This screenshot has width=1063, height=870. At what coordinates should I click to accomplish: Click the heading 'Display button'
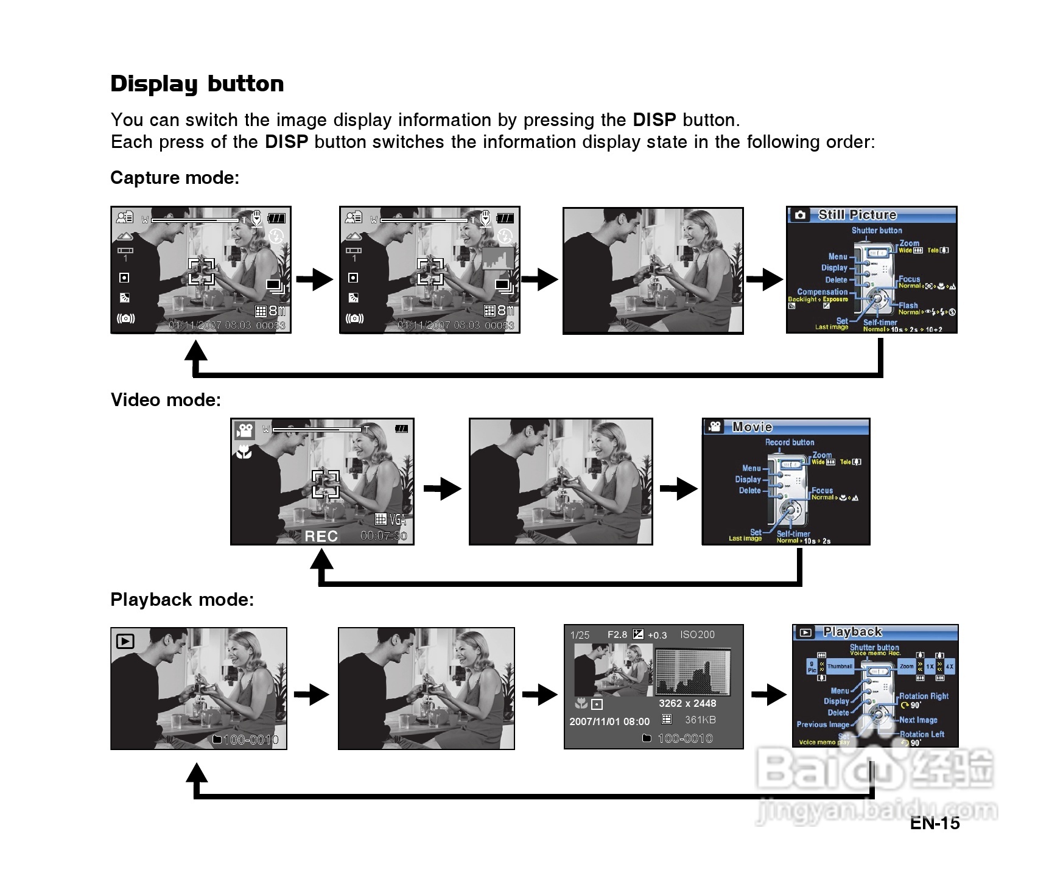click(197, 83)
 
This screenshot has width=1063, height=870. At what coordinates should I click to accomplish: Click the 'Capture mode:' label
click(175, 178)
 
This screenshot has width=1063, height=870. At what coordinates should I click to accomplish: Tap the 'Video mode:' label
click(166, 400)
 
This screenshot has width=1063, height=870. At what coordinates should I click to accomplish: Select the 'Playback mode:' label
click(182, 600)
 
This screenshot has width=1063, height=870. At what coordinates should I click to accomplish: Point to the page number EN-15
click(935, 823)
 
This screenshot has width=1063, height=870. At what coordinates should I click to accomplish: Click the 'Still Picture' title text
click(857, 215)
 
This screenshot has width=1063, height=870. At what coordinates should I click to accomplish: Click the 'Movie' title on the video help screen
click(752, 427)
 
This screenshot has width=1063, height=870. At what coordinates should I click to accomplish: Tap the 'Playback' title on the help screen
click(852, 632)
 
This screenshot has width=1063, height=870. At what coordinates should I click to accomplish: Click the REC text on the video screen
click(321, 536)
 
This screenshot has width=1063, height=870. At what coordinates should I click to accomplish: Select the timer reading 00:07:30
click(384, 536)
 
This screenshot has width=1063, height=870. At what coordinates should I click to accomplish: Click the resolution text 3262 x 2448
click(687, 703)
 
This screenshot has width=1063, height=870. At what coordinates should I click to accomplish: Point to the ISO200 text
click(697, 634)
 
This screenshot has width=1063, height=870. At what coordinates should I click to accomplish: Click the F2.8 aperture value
click(617, 634)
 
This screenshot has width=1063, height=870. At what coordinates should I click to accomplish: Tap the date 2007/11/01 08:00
click(609, 721)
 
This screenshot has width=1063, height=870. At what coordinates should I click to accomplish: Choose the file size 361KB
click(700, 720)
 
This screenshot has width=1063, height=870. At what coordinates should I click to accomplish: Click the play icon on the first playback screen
click(125, 641)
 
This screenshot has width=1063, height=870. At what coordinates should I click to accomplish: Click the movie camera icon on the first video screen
click(245, 430)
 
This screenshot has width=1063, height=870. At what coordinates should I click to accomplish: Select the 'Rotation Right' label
click(924, 696)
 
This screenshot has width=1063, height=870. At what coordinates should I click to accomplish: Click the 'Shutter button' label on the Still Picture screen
click(877, 230)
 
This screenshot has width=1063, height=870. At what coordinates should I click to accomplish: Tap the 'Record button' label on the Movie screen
click(790, 442)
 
